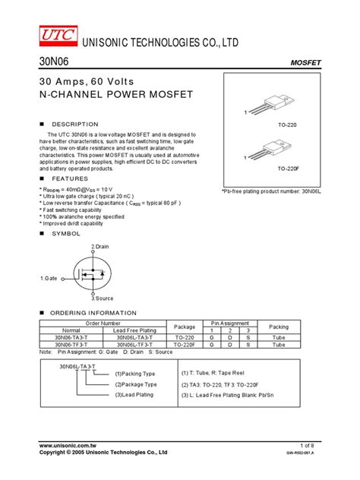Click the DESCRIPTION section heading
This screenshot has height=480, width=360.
tap(74, 124)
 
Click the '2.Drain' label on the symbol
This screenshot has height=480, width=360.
tap(100, 247)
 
